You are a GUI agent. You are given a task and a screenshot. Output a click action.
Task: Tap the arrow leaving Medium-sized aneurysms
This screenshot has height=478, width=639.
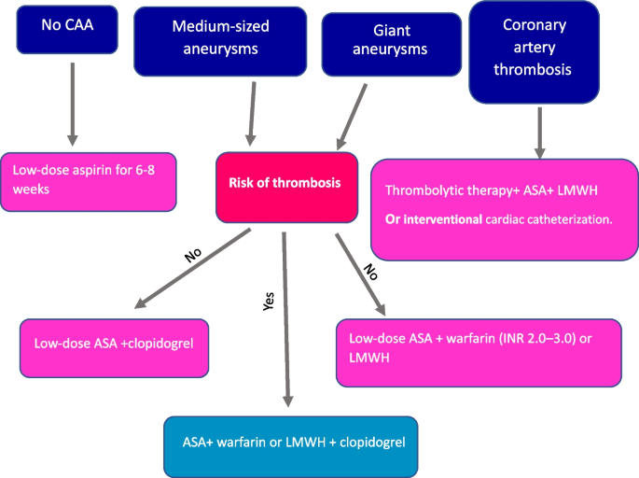point(250,111)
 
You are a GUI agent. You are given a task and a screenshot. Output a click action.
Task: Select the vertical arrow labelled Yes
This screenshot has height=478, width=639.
point(285,317)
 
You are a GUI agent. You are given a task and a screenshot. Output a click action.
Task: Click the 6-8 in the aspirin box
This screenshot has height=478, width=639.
point(142,170)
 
